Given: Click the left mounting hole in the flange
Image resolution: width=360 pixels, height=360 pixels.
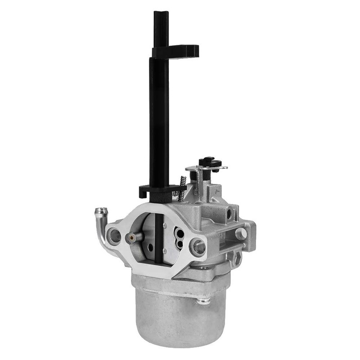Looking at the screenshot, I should (x=114, y=234).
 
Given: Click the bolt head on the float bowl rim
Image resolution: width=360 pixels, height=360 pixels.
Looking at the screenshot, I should (x=203, y=300).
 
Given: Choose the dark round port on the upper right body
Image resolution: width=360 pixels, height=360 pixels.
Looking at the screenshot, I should (x=230, y=214).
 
